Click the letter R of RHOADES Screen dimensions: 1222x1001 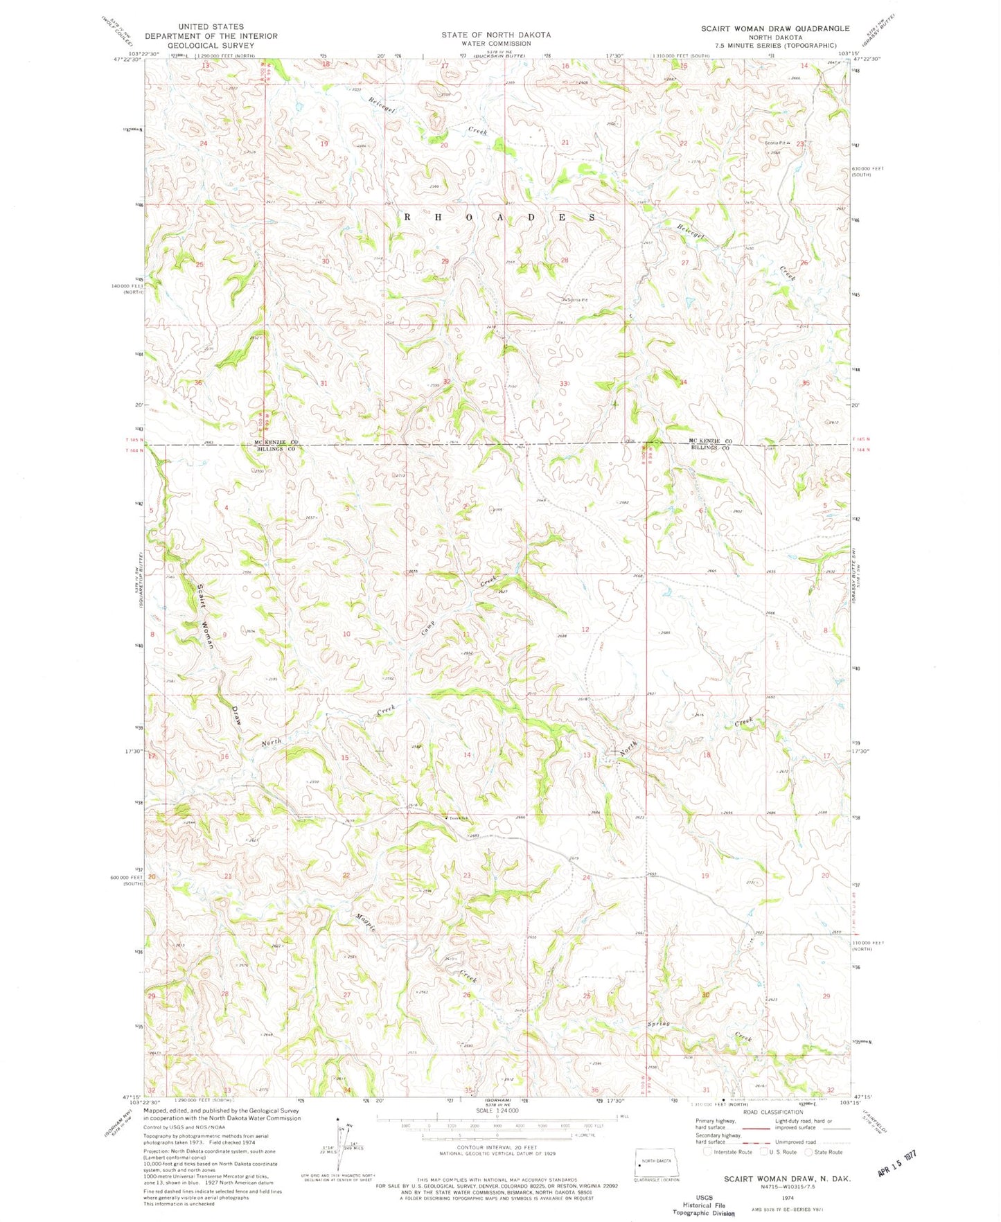(407, 217)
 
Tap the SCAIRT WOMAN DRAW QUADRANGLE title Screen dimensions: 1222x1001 (774, 28)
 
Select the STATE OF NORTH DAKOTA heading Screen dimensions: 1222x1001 (496, 35)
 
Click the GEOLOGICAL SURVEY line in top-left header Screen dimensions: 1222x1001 (211, 45)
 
